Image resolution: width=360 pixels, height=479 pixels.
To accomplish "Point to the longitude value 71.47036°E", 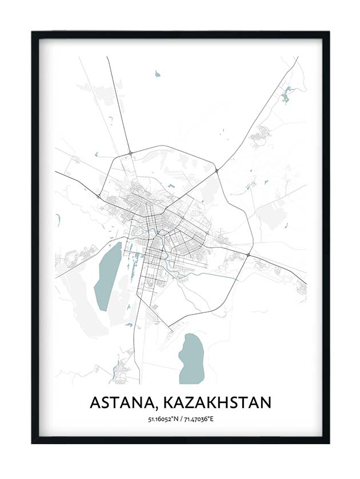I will (x=199, y=420).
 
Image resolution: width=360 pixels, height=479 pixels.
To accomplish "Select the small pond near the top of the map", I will (x=157, y=74).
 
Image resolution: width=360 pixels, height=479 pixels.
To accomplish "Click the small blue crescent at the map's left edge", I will (x=58, y=220).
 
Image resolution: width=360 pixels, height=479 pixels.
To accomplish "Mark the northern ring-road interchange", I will (x=131, y=153).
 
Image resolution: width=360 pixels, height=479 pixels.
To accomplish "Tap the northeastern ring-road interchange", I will (x=217, y=170).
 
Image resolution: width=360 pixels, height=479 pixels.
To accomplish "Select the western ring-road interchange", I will (x=99, y=197).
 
